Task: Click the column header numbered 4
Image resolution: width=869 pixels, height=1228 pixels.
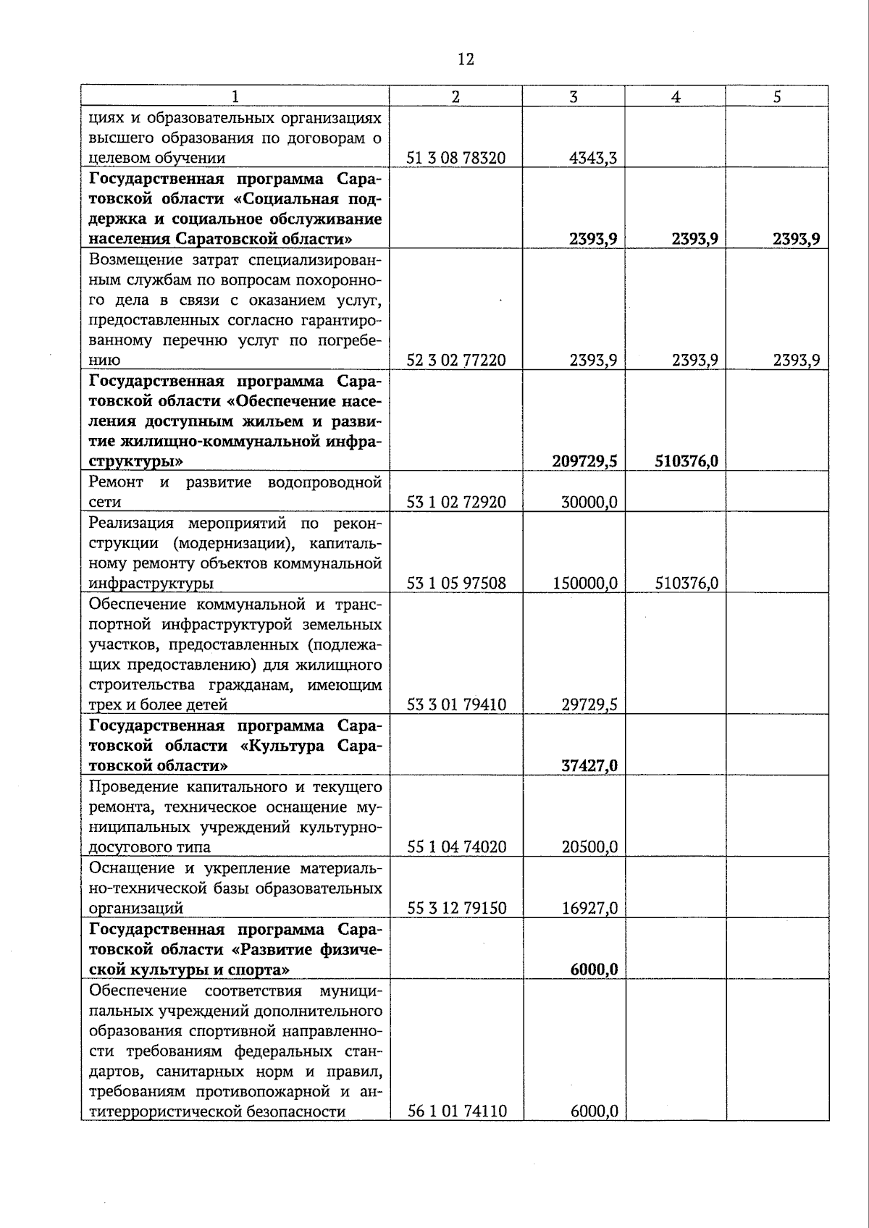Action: tap(675, 97)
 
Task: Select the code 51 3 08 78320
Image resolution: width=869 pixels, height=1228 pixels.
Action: tap(456, 158)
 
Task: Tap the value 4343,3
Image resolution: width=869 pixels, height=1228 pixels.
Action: tap(593, 158)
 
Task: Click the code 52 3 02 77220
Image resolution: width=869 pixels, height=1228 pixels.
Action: tap(456, 360)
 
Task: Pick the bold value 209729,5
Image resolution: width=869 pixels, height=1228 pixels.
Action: tap(584, 461)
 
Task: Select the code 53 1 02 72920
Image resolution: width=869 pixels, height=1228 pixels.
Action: tap(456, 502)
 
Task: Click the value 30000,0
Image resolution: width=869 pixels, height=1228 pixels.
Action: tap(589, 502)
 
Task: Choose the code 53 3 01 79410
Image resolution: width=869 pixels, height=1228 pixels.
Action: tap(456, 705)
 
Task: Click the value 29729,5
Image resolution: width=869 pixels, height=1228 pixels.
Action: tap(589, 705)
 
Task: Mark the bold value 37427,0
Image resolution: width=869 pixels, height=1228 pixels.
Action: tap(589, 765)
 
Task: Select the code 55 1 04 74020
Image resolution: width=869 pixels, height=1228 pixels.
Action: tap(456, 846)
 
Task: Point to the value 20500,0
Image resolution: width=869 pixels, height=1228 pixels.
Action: tap(589, 846)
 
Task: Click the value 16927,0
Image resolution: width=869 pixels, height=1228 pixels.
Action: tap(589, 908)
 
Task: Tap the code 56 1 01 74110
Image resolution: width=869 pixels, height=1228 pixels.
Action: tap(456, 1111)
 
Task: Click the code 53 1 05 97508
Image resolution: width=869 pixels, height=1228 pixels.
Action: tap(456, 583)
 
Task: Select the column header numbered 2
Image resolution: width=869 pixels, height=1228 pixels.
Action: tap(456, 97)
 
